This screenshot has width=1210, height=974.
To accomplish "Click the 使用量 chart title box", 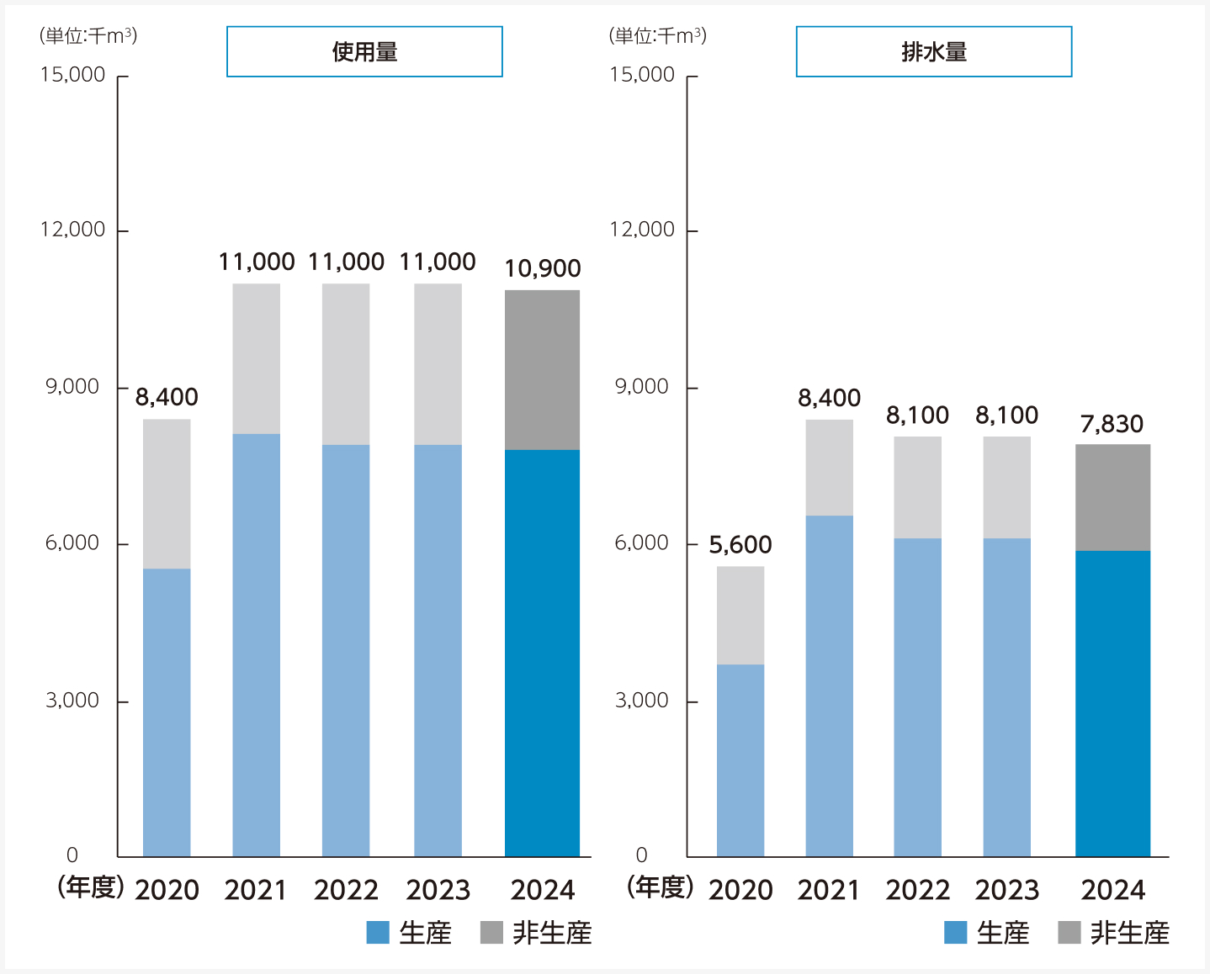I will pyautogui.click(x=364, y=52).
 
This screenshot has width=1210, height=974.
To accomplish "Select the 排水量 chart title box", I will pyautogui.click(x=934, y=52).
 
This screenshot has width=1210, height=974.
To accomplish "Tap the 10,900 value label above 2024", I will pyautogui.click(x=543, y=269).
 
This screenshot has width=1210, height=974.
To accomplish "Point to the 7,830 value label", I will pyautogui.click(x=1112, y=424).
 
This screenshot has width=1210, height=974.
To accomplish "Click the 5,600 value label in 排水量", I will pyautogui.click(x=740, y=545).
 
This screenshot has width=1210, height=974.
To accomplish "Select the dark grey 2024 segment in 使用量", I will pyautogui.click(x=542, y=370).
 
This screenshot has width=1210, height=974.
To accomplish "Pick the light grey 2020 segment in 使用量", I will pyautogui.click(x=167, y=494).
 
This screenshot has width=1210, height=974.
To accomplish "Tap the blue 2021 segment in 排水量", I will pyautogui.click(x=829, y=686).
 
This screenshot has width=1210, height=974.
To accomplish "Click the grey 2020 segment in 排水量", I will pyautogui.click(x=740, y=615).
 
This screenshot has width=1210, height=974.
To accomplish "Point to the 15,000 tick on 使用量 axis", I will pyautogui.click(x=73, y=75).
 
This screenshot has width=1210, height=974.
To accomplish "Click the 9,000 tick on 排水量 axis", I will pyautogui.click(x=642, y=387).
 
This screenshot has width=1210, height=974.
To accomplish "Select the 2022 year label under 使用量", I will pyautogui.click(x=346, y=890).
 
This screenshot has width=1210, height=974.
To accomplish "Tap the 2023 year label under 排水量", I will pyautogui.click(x=1007, y=890).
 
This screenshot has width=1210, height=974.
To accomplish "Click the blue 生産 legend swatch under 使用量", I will pyautogui.click(x=378, y=933).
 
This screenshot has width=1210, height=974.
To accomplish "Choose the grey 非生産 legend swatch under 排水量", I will pyautogui.click(x=1069, y=933).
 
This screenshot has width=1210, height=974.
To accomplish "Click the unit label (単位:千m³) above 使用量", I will pyautogui.click(x=88, y=36).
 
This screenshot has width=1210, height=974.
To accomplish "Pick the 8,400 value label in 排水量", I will pyautogui.click(x=830, y=398).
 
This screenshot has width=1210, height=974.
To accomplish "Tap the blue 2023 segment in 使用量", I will pyautogui.click(x=438, y=650).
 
